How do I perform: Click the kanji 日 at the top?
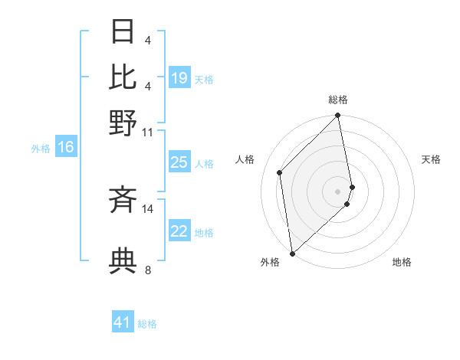click(x=123, y=33)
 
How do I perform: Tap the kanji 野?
click(x=123, y=122)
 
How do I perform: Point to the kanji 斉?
click(x=123, y=200)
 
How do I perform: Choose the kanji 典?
click(x=123, y=261)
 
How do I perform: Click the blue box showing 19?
click(x=179, y=78)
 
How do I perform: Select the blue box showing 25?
click(x=179, y=162)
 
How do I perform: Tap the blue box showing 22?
click(x=179, y=231)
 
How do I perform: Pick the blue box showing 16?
click(x=66, y=148)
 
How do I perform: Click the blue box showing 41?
click(x=123, y=322)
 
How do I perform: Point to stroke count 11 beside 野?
click(x=148, y=132)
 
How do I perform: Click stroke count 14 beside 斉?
click(x=148, y=208)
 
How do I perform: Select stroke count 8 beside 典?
click(x=148, y=270)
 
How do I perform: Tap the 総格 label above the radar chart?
click(x=338, y=100)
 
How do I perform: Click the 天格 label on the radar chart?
click(x=432, y=159)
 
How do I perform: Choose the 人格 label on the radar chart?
click(x=245, y=159)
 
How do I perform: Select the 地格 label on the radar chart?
click(x=402, y=262)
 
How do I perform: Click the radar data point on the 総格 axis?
click(x=338, y=116)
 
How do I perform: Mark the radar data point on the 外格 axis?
click(x=292, y=253)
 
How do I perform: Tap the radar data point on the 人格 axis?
click(x=280, y=172)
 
